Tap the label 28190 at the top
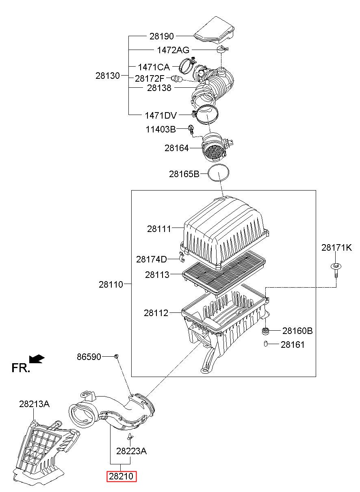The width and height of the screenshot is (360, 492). tap(162, 36)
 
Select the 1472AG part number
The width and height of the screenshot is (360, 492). tap(173, 50)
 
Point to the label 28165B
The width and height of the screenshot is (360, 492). tap(184, 174)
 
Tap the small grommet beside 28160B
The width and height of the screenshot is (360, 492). tap(266, 331)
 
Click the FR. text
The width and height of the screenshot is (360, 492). tap(21, 368)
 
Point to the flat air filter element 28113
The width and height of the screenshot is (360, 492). tap(224, 273)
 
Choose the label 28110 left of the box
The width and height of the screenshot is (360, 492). tap(111, 284)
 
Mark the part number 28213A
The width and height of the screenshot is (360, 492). tap(34, 404)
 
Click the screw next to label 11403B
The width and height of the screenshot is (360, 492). tap(191, 130)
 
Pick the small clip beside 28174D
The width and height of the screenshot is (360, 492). tap(182, 257)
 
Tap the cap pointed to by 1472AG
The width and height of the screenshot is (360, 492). tap(222, 50)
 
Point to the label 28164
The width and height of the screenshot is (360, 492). tap(177, 148)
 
